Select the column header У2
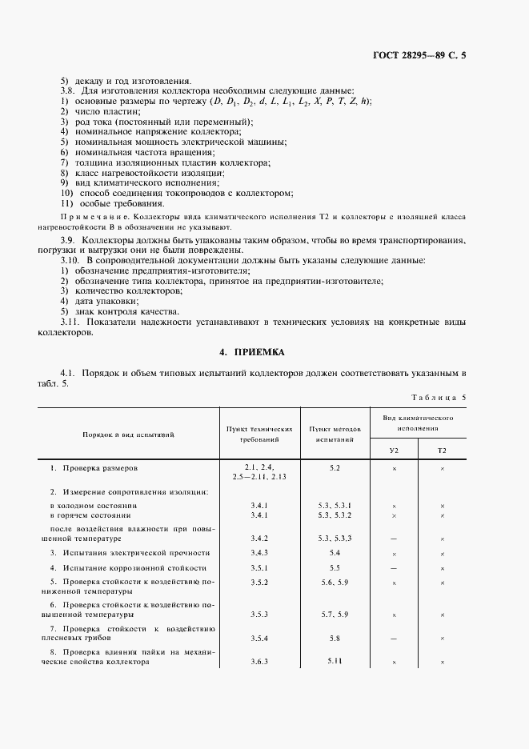point(394,451)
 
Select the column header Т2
point(442,451)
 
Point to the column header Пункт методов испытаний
point(335,435)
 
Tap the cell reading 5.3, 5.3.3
point(335,539)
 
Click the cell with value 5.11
point(335,661)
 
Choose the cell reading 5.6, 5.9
point(335,583)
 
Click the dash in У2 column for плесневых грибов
point(394,639)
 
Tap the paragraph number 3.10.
point(70,261)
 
